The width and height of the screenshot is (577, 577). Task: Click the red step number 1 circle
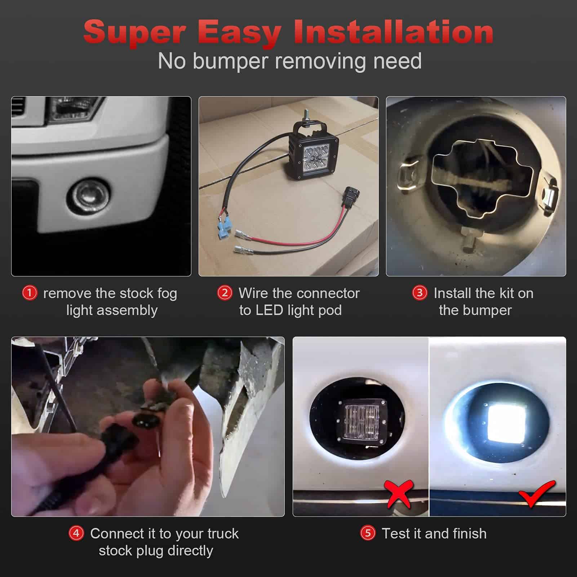[30, 293]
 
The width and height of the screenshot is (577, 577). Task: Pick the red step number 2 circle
[225, 293]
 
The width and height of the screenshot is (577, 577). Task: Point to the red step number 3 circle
[420, 293]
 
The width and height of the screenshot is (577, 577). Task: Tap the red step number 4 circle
[76, 533]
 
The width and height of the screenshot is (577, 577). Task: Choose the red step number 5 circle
[368, 533]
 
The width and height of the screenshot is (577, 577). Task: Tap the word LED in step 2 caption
[270, 310]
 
